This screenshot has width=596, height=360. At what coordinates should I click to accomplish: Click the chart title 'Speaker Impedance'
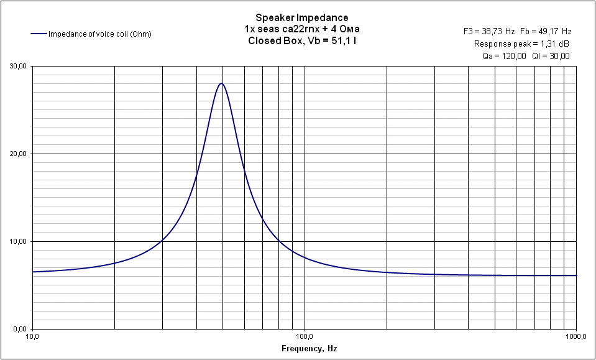pyautogui.click(x=302, y=17)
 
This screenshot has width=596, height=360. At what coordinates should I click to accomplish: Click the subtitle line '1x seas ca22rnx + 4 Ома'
pyautogui.click(x=302, y=29)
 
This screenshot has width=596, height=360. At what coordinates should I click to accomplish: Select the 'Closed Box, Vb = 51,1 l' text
pyautogui.click(x=302, y=41)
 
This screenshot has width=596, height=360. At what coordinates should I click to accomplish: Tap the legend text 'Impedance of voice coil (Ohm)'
pyautogui.click(x=100, y=34)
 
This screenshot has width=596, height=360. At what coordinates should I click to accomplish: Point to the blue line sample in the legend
pyautogui.click(x=38, y=34)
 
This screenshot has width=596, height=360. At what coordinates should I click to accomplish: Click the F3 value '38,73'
pyautogui.click(x=498, y=31)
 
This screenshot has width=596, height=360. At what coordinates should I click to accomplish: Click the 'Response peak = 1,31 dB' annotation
pyautogui.click(x=521, y=44)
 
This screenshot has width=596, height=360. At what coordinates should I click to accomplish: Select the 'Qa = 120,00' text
pyautogui.click(x=504, y=56)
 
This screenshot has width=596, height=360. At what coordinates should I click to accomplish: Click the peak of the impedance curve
pyautogui.click(x=221, y=83)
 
